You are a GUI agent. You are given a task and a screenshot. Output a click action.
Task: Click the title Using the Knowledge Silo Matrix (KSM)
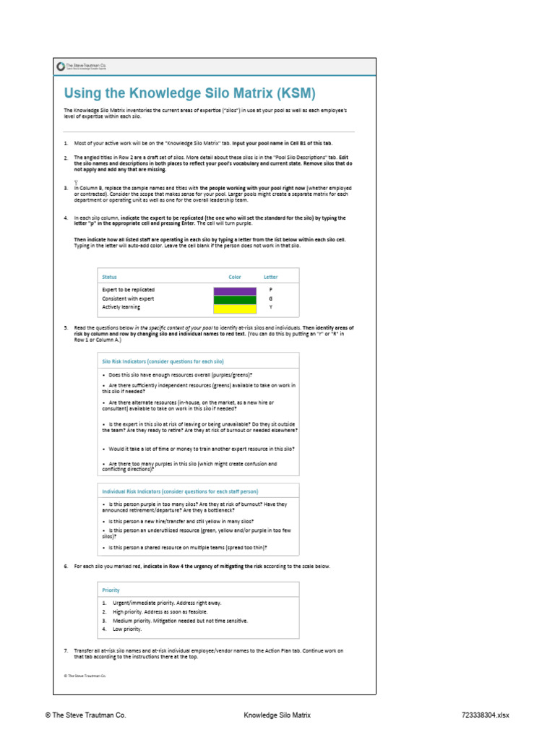[x=190, y=93]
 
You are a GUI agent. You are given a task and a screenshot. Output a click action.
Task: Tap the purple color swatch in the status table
[x=235, y=291]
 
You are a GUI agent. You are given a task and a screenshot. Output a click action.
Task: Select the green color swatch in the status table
[x=235, y=299]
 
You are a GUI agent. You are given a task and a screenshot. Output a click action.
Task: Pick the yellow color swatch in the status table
[x=235, y=308]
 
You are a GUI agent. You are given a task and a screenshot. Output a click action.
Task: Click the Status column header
[x=110, y=277]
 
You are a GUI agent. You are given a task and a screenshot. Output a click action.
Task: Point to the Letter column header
[x=270, y=277]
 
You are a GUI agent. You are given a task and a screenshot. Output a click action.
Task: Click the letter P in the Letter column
[x=270, y=290]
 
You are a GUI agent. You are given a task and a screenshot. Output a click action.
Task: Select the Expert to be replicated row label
[x=128, y=290]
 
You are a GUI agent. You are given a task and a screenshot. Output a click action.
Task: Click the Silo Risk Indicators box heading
[x=163, y=361]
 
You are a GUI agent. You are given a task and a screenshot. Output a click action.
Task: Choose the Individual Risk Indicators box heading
[x=174, y=491]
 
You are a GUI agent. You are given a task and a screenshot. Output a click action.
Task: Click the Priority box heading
[x=111, y=590]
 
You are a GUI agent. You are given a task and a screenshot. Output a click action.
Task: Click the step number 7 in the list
[x=66, y=650]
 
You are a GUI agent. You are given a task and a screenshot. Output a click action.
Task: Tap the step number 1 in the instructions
[x=66, y=144]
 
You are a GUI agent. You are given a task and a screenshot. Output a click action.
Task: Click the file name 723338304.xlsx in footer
[x=485, y=715]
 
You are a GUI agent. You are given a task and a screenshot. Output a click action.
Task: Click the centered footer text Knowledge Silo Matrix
[x=277, y=715]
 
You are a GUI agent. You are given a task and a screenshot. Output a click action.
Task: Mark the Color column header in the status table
[x=235, y=277]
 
